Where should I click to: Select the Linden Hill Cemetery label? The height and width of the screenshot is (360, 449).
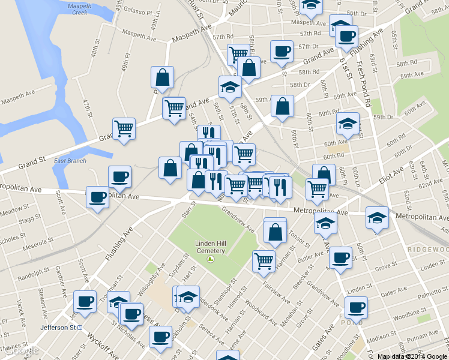pos(209,247)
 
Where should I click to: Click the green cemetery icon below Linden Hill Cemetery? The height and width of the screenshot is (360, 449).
pos(210,259)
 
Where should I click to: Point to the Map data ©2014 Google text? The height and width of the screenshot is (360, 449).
pos(412,356)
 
